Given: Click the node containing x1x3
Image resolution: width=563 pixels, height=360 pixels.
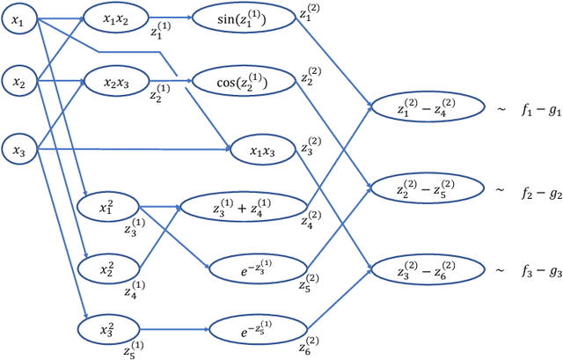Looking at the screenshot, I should (x=263, y=151).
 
